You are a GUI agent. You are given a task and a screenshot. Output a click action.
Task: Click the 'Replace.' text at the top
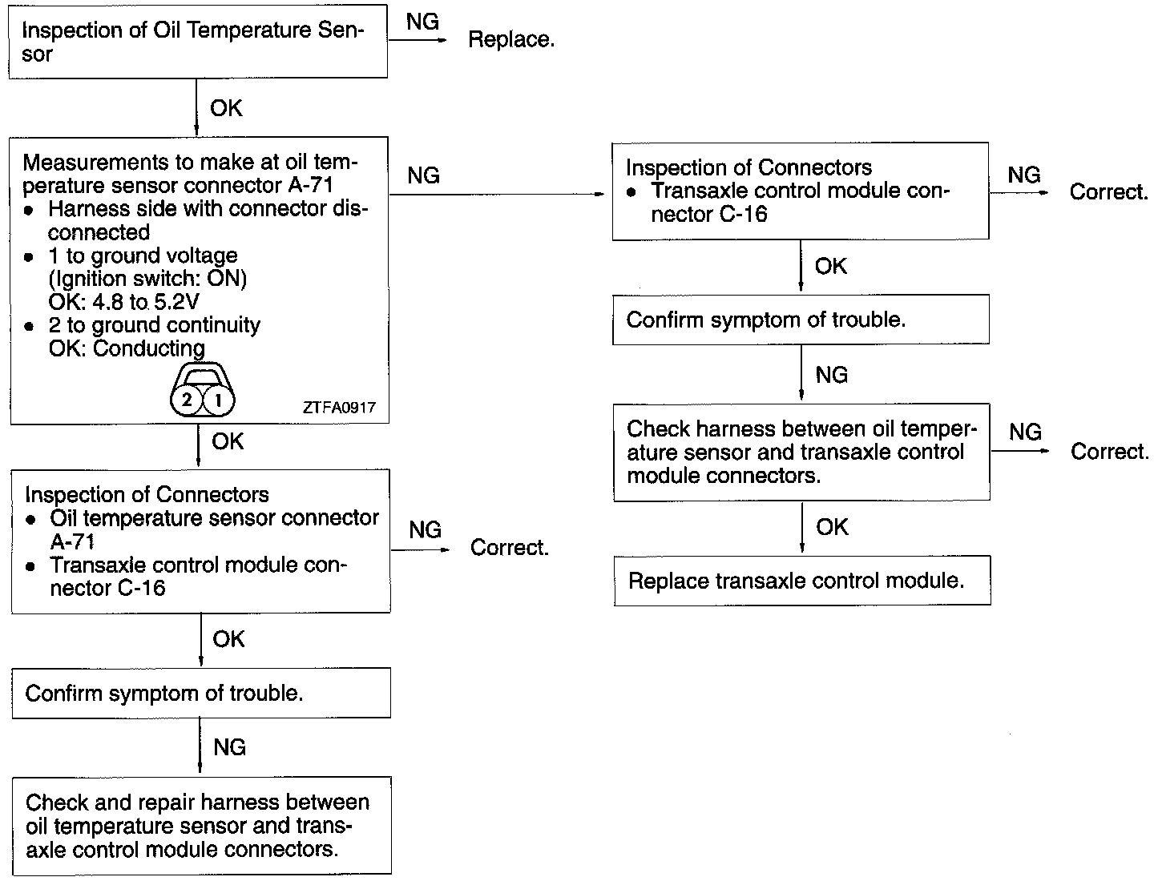pos(510,39)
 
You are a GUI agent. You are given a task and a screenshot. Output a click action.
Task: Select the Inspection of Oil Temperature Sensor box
pos(197,42)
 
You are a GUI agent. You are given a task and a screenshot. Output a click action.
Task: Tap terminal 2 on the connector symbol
pos(188,399)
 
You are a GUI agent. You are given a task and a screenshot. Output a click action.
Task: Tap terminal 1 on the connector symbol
pos(217,399)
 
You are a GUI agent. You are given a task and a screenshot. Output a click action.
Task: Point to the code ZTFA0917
pos(339,408)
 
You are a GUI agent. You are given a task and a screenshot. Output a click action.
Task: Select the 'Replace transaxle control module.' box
pos(801,581)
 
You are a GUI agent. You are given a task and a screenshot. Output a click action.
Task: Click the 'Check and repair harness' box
pos(200,825)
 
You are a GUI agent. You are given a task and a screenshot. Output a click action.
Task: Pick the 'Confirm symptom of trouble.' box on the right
pos(800,320)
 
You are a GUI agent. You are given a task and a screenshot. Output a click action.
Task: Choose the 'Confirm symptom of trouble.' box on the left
pos(200,693)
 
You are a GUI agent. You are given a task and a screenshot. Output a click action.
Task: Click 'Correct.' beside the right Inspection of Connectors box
pos(1108,192)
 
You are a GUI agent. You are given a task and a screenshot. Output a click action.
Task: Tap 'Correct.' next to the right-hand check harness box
pos(1109,452)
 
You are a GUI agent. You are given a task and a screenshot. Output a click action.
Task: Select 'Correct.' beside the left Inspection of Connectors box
pos(509,548)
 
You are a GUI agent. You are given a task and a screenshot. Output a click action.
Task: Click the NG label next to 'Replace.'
pos(422,22)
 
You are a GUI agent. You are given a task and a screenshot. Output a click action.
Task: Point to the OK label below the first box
pos(226,108)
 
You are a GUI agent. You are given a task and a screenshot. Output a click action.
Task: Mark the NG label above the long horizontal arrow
pos(423,175)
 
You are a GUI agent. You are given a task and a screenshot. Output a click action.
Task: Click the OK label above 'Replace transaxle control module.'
pos(832,527)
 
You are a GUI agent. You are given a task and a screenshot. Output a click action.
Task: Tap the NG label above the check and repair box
pos(229,747)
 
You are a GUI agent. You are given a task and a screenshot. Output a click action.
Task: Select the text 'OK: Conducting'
pos(127,348)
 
